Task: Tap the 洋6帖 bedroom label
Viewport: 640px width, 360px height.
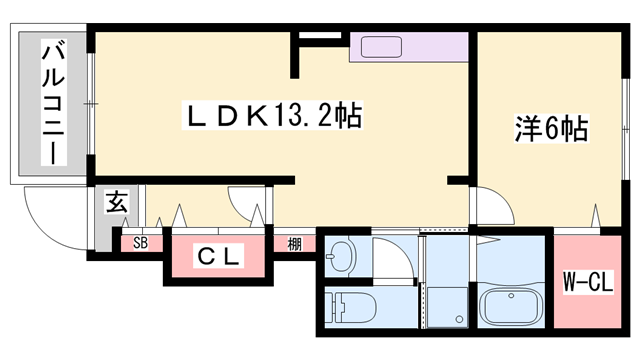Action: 549,128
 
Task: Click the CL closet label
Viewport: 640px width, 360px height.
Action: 218,256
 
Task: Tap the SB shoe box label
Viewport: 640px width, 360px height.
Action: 141,243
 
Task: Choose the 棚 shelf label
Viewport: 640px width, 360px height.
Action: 294,243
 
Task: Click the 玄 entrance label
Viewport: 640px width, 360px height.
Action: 116,202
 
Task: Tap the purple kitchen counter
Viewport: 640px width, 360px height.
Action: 410,48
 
